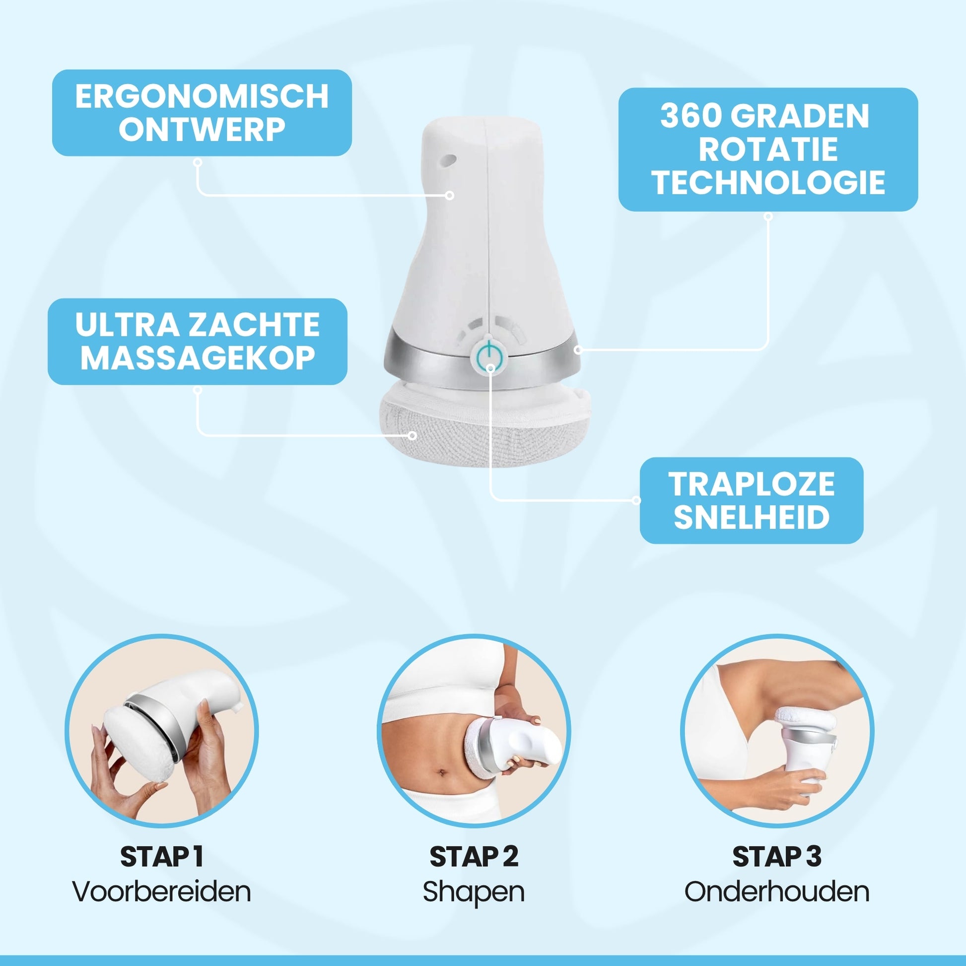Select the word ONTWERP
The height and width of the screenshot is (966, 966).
tap(202, 129)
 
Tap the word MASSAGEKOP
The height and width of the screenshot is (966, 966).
tap(198, 357)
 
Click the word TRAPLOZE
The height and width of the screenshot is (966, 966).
tap(752, 484)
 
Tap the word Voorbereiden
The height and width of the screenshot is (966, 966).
tap(161, 891)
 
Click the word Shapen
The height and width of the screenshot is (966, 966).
tap(474, 892)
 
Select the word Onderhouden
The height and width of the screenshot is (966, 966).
tap(777, 891)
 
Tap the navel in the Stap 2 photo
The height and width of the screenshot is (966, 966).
tap(441, 773)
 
